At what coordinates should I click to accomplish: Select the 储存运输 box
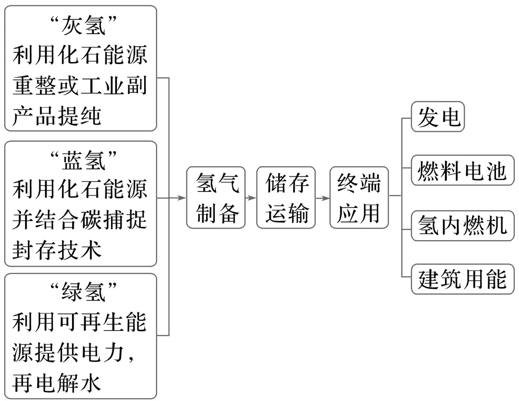(286, 197)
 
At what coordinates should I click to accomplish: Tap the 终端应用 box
(358, 197)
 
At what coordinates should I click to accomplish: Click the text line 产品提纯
(57, 116)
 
